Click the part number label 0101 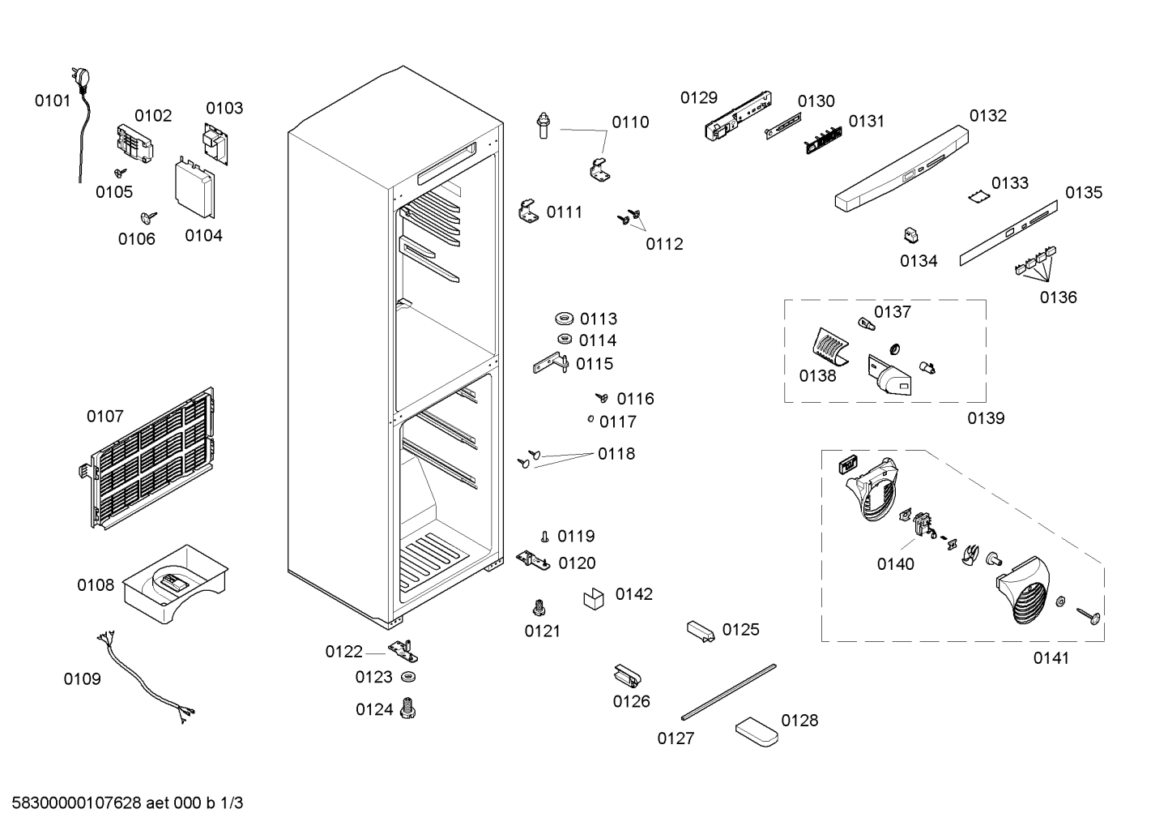pyautogui.click(x=52, y=101)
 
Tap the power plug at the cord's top pyautogui.click(x=81, y=79)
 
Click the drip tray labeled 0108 pyautogui.click(x=175, y=584)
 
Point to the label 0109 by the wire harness pyautogui.click(x=82, y=678)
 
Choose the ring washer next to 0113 pyautogui.click(x=564, y=319)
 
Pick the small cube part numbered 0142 pyautogui.click(x=594, y=598)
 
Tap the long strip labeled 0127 pyautogui.click(x=728, y=692)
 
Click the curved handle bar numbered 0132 pyautogui.click(x=902, y=168)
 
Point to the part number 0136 pyautogui.click(x=1058, y=297)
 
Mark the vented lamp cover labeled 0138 pyautogui.click(x=830, y=347)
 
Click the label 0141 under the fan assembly pyautogui.click(x=1051, y=658)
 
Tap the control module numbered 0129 pyautogui.click(x=738, y=116)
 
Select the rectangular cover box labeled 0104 pyautogui.click(x=194, y=186)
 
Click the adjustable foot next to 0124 pyautogui.click(x=407, y=708)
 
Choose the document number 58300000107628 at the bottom pyautogui.click(x=76, y=803)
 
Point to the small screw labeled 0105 pyautogui.click(x=121, y=173)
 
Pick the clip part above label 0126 pyautogui.click(x=627, y=676)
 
